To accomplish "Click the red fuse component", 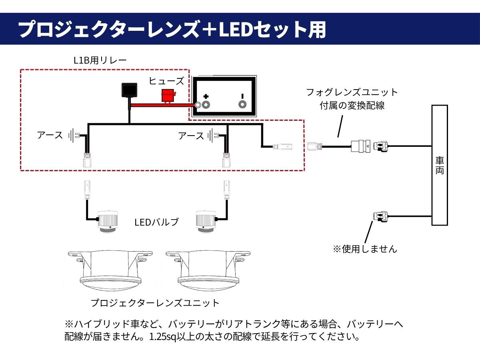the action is (x=168, y=96).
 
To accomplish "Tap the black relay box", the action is (x=129, y=90).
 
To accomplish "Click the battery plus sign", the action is (x=206, y=96).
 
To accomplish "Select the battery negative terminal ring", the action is (x=242, y=104).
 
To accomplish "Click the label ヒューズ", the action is (x=166, y=81).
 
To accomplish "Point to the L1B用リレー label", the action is (x=100, y=60).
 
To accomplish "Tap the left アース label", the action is (x=50, y=135).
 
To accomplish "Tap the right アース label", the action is (x=191, y=136).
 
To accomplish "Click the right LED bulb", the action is (x=206, y=222).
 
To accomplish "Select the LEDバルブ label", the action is (x=156, y=222).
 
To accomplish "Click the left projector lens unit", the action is (x=110, y=271).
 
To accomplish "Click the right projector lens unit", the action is (x=208, y=271).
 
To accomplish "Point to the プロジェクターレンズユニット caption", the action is (x=155, y=303).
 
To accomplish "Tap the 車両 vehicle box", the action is (x=440, y=165).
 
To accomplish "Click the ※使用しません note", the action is (x=365, y=249).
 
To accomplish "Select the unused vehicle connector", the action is (x=380, y=216).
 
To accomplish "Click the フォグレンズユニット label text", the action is (x=352, y=92).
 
